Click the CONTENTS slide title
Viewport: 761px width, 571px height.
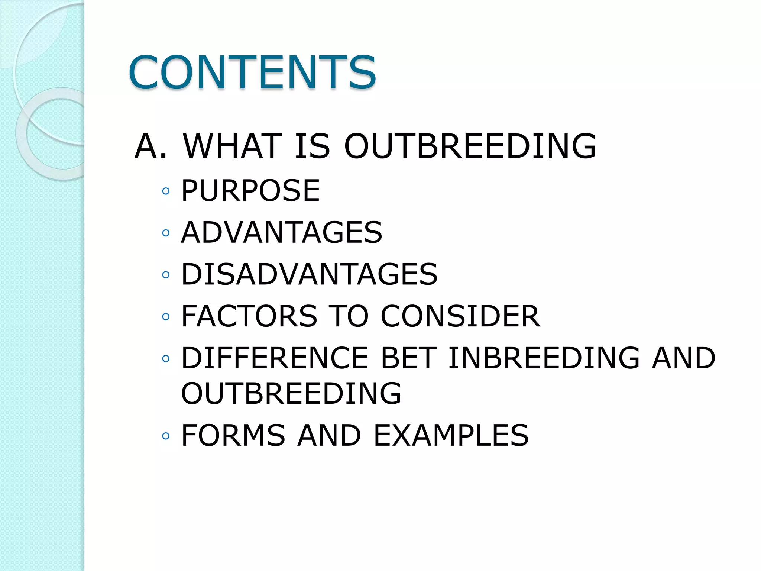click(x=252, y=72)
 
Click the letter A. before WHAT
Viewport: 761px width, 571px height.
click(x=150, y=146)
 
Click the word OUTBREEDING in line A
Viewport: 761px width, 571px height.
click(x=470, y=146)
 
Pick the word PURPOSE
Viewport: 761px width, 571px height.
click(x=250, y=191)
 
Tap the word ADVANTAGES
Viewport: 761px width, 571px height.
click(x=281, y=233)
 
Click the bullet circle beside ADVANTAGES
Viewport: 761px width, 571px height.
click(x=166, y=233)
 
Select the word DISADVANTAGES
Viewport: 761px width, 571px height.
click(x=309, y=274)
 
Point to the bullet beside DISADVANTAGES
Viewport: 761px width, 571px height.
click(x=166, y=275)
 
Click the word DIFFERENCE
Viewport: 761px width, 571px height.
click(x=275, y=358)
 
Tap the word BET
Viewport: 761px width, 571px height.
click(x=408, y=358)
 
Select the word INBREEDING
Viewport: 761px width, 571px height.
click(x=544, y=358)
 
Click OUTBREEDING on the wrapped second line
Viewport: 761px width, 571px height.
click(x=291, y=393)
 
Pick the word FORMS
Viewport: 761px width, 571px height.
click(x=233, y=435)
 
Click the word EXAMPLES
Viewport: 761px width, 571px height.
click(x=451, y=435)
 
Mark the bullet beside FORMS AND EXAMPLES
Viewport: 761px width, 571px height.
click(x=166, y=436)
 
